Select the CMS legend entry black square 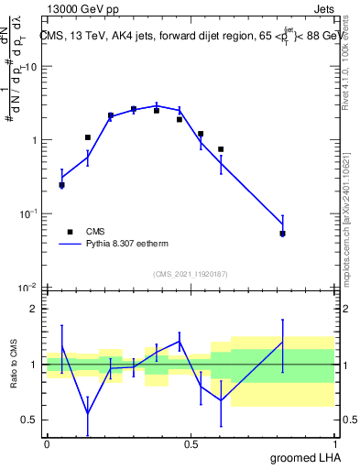click(x=68, y=232)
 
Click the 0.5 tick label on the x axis click(x=191, y=443)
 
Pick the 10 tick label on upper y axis click(x=31, y=67)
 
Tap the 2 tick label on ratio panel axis click(x=35, y=310)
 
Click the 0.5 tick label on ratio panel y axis click(x=30, y=420)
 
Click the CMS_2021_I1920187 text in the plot click(x=190, y=274)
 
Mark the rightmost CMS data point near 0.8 click(x=283, y=234)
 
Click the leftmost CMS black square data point click(x=61, y=185)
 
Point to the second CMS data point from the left click(x=88, y=137)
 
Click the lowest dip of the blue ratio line click(x=88, y=413)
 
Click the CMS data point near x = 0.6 click(x=221, y=149)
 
